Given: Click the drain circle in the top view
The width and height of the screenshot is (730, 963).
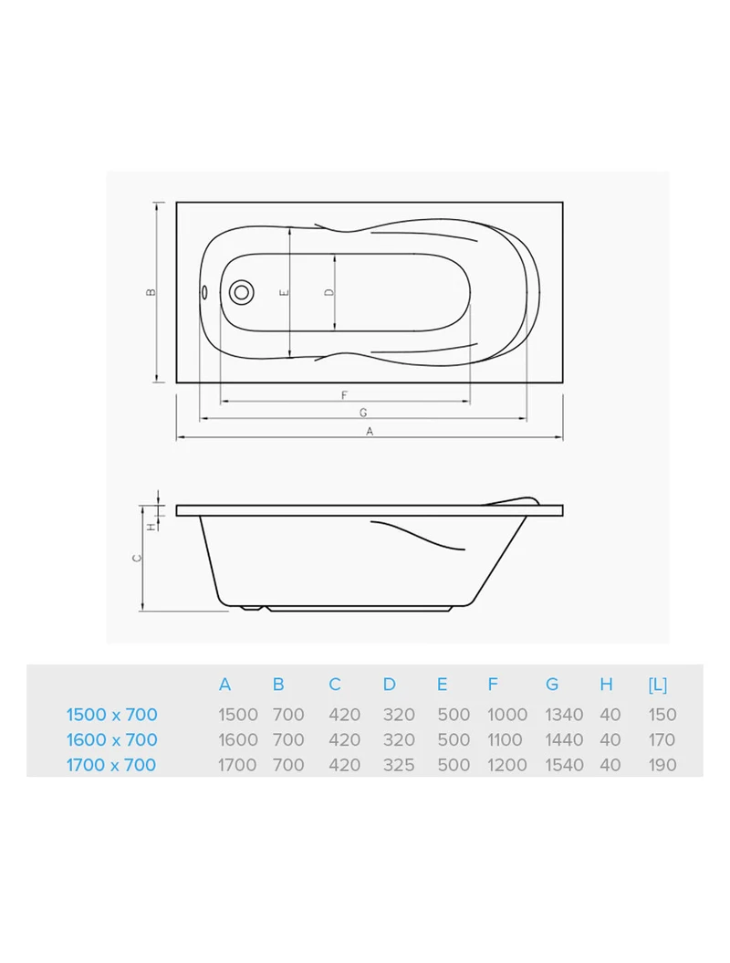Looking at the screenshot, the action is pos(241,292).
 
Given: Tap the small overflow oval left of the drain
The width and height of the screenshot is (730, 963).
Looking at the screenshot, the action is pos(204,292).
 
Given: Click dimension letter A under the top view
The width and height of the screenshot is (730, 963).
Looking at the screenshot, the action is pos(370,432).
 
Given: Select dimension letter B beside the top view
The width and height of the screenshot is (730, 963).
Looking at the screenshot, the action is pos(151,292).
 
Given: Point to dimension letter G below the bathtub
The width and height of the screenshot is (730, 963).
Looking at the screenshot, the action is pos(363,413).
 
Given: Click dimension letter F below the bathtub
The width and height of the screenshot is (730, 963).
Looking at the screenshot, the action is pos(344,395).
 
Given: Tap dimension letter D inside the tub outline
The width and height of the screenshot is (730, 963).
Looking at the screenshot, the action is pos(329,292).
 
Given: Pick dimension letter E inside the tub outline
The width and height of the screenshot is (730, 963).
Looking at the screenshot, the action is pos(285,292).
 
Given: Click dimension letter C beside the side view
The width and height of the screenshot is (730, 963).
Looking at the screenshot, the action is pos(138,558).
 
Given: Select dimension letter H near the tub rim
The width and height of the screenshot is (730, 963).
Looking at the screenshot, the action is pos(151,527).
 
